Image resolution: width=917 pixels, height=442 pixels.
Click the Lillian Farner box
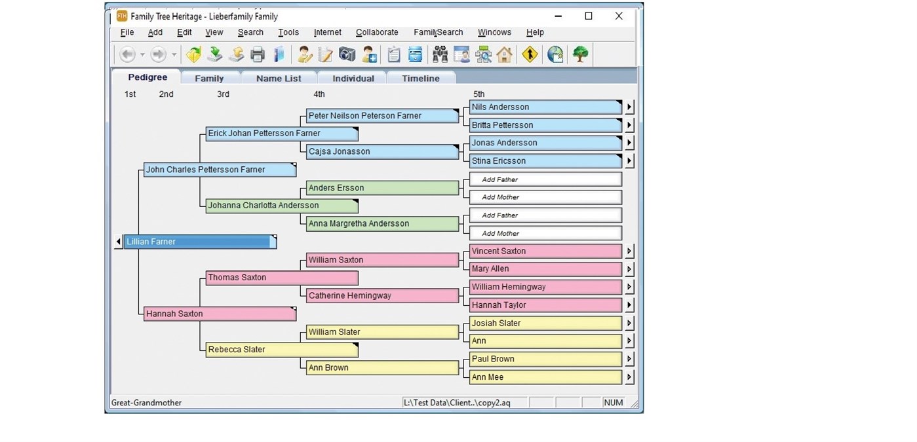point(200,242)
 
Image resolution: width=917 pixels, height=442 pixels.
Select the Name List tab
point(279,78)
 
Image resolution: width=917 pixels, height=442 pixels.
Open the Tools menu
point(288,32)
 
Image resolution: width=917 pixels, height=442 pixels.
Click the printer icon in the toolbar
point(258,54)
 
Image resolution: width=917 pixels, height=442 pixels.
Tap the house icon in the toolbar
point(504,54)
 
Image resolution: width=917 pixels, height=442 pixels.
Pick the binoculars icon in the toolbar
point(440,54)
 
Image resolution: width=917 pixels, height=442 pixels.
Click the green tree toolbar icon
point(580,54)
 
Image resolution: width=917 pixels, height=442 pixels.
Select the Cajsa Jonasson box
point(382,151)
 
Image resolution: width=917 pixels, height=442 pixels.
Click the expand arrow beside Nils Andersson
point(629,107)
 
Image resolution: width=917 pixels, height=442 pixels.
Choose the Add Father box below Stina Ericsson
point(545,179)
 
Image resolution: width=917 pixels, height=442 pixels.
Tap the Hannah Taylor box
point(545,305)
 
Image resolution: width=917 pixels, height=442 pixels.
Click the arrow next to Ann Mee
point(629,377)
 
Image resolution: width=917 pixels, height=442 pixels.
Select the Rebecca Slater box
point(282,350)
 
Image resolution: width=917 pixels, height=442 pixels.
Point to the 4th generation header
point(319,94)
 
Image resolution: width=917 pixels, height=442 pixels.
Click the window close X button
point(619,16)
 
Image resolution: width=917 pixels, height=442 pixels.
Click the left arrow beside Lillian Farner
point(119,242)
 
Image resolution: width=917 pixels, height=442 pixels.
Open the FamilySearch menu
point(438,32)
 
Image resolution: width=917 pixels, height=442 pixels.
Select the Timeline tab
point(420,78)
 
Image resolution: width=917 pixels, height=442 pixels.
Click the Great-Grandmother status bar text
point(146,403)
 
